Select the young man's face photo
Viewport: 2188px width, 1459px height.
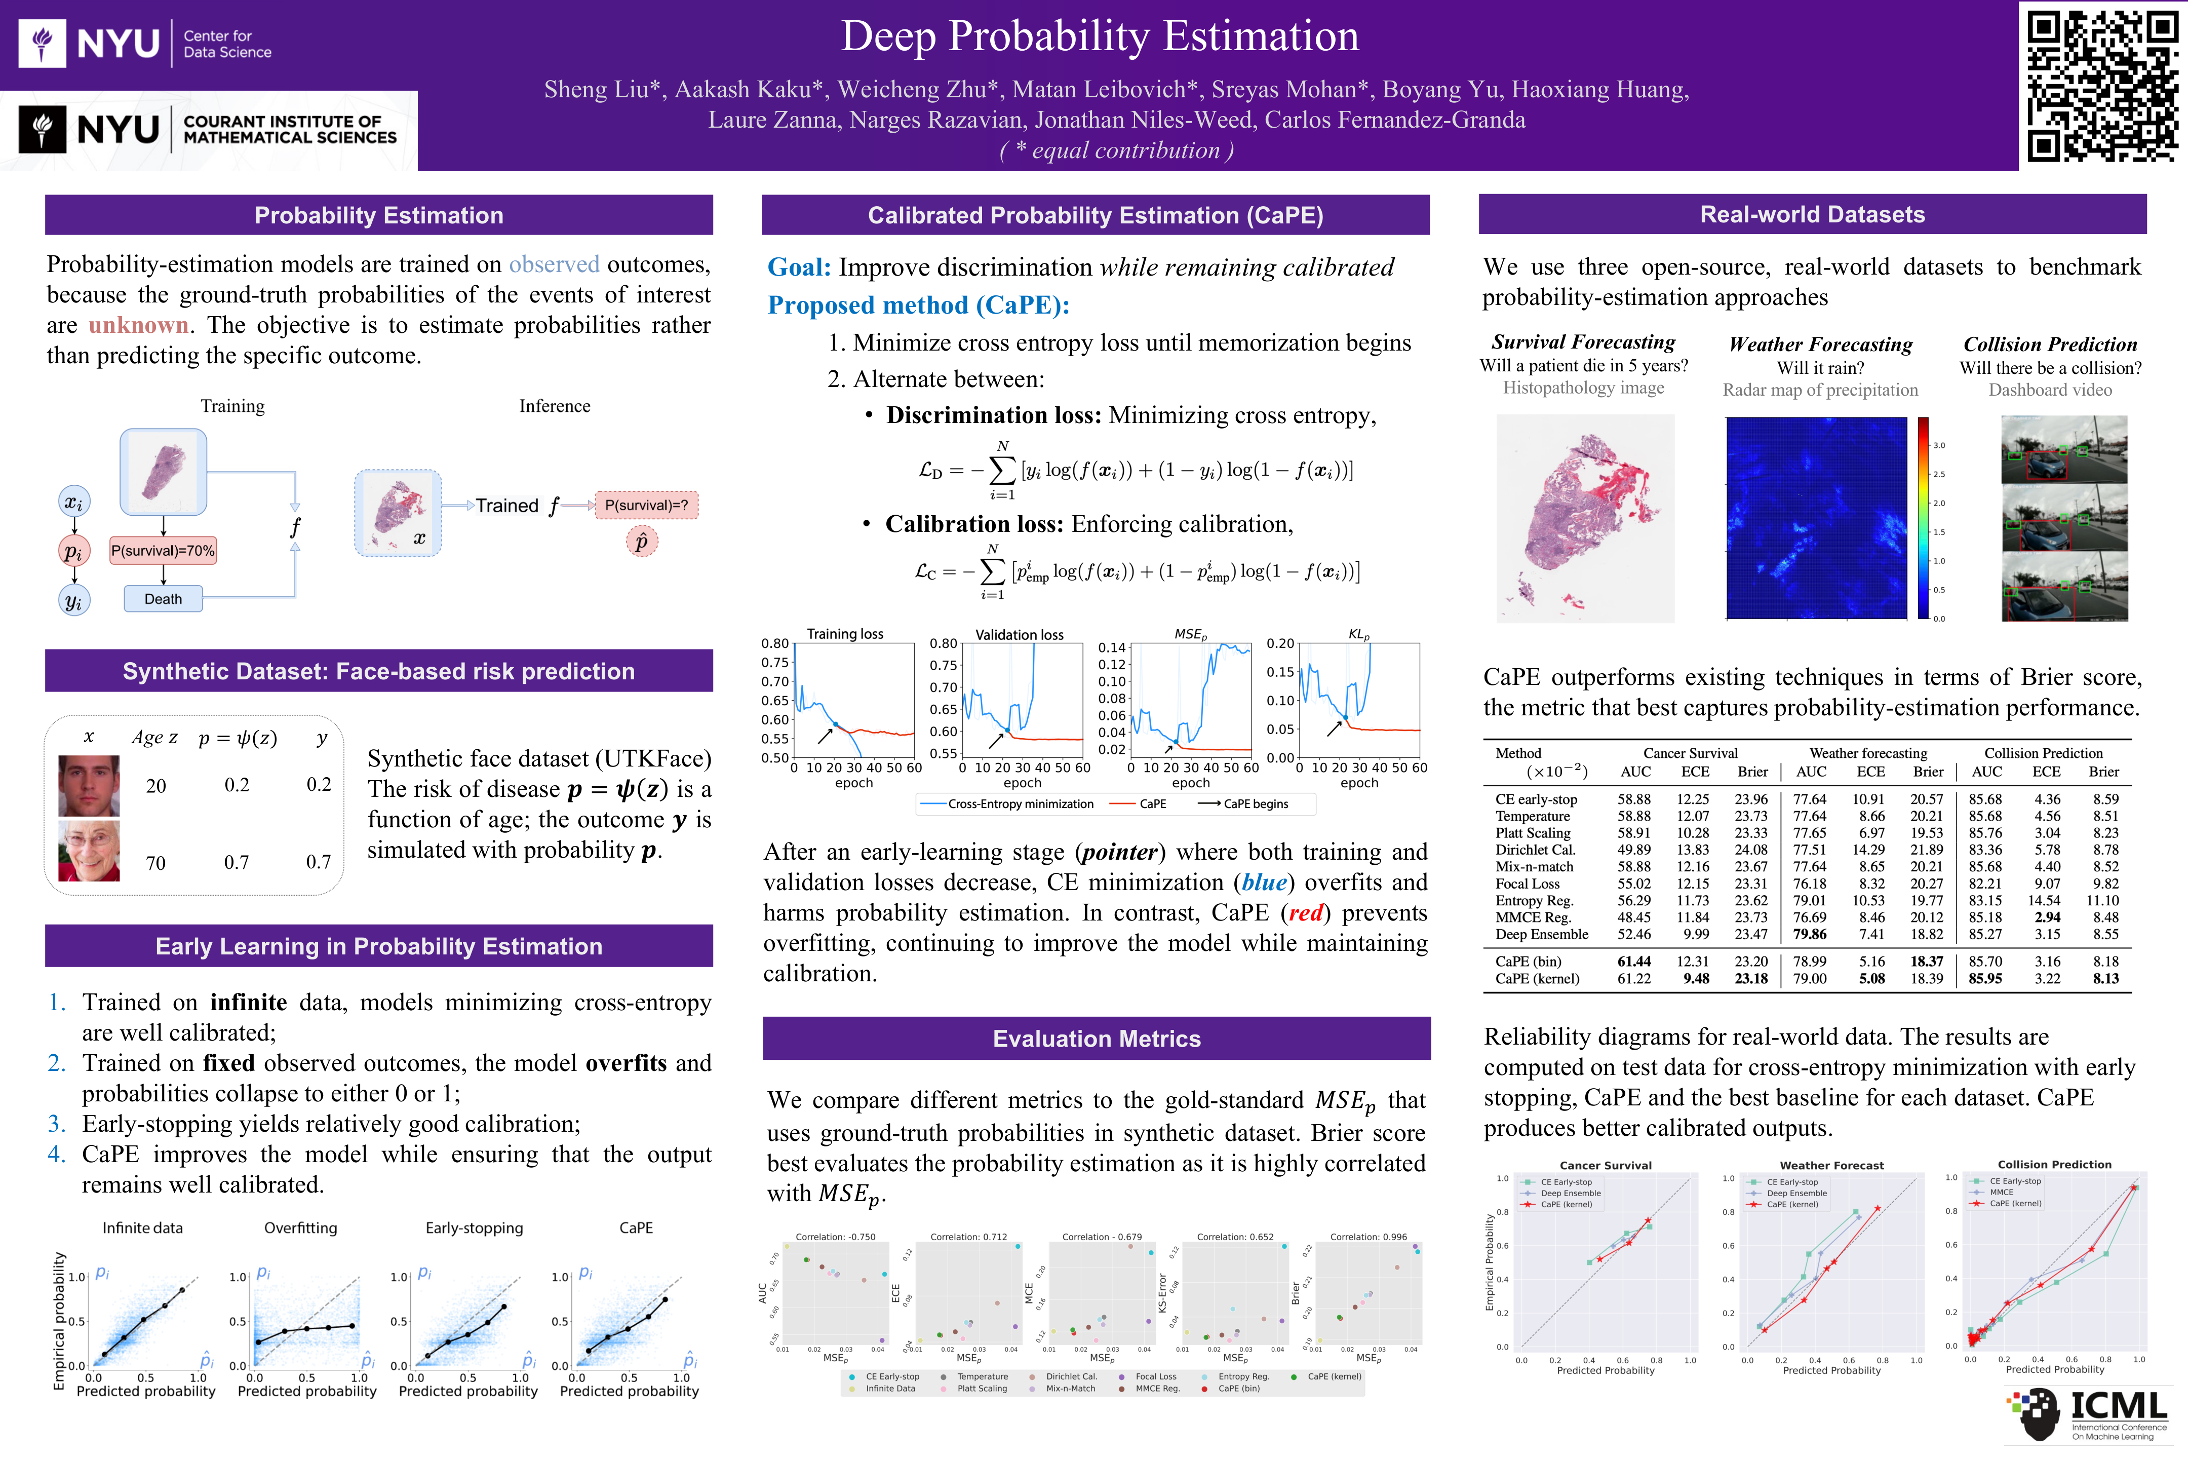click(89, 785)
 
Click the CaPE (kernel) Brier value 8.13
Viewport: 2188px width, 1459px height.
click(2105, 979)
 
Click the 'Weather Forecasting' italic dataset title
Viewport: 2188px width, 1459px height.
click(1820, 344)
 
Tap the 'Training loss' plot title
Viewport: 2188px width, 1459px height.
click(845, 635)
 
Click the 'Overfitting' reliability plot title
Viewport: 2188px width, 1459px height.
click(300, 1228)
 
